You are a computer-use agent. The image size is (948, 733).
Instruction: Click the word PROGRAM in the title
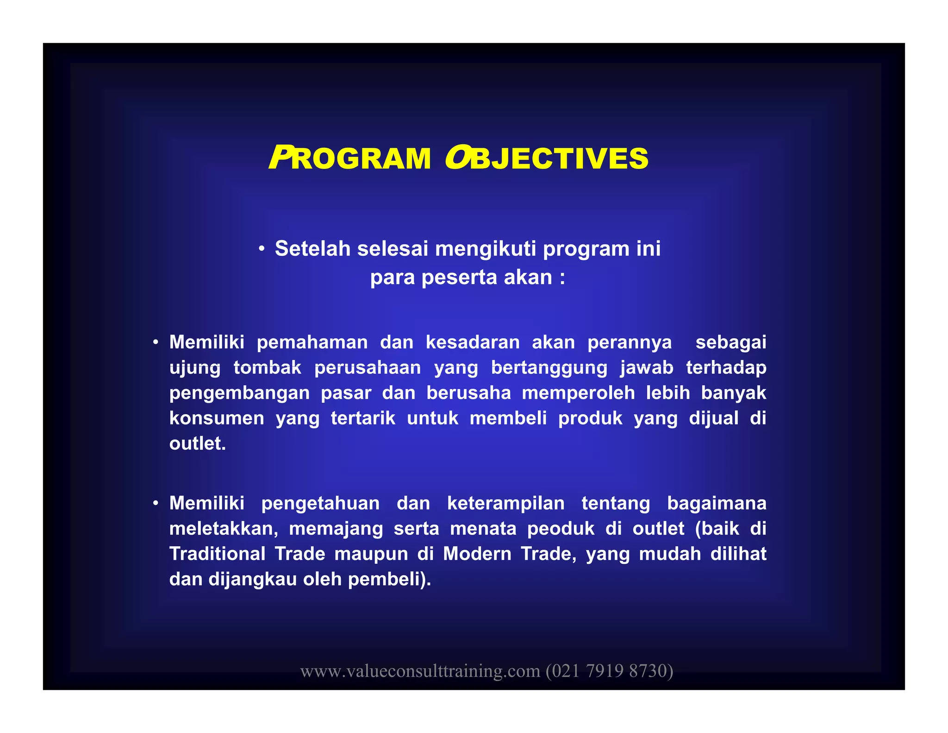click(350, 158)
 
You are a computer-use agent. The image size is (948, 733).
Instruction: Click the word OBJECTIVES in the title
click(547, 158)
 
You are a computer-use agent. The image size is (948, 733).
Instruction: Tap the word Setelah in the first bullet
click(313, 248)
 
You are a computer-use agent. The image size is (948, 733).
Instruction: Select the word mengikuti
click(486, 248)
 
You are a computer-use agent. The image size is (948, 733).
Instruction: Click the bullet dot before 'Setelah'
click(262, 249)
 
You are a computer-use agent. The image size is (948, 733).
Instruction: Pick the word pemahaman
click(312, 342)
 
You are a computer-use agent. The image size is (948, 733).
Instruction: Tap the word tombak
click(267, 367)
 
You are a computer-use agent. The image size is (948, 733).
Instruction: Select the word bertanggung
click(549, 367)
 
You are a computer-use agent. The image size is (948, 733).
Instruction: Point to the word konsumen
click(217, 418)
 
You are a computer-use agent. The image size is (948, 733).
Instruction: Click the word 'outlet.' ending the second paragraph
click(198, 443)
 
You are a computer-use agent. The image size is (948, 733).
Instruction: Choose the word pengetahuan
click(320, 503)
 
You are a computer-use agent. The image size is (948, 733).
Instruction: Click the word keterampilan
click(505, 503)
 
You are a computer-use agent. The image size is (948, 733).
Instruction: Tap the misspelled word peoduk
click(561, 529)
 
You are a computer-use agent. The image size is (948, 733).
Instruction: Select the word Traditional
click(217, 554)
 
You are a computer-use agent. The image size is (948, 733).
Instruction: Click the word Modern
click(476, 554)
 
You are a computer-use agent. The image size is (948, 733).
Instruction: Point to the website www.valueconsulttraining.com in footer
click(420, 671)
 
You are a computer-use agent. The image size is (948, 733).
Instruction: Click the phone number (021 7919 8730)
click(609, 671)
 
